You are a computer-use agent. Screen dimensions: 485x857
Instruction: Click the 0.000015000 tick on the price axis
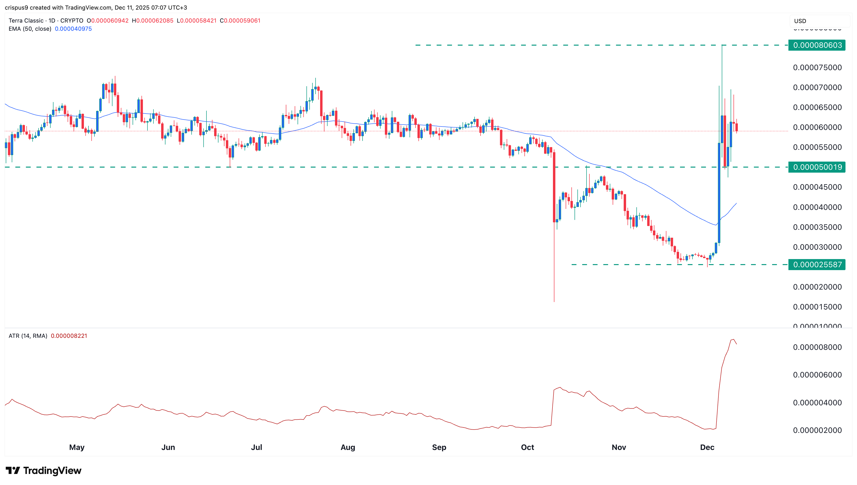(817, 307)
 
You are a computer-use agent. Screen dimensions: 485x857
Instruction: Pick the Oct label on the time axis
(527, 447)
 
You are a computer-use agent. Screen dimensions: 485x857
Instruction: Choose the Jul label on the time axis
(257, 447)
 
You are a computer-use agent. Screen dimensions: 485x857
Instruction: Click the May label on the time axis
(77, 447)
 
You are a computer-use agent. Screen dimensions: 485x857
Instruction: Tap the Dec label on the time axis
(707, 447)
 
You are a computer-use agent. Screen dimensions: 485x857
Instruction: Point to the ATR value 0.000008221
(69, 336)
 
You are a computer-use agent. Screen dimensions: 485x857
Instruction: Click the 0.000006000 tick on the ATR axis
(817, 375)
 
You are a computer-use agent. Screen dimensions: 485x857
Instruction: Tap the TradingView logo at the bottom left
(43, 470)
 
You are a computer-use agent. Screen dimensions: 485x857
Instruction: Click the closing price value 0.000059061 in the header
(242, 21)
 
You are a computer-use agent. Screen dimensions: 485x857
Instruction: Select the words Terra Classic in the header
(26, 21)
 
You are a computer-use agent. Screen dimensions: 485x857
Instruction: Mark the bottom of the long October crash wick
(554, 302)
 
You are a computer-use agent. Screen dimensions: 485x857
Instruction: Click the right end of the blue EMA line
(737, 203)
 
